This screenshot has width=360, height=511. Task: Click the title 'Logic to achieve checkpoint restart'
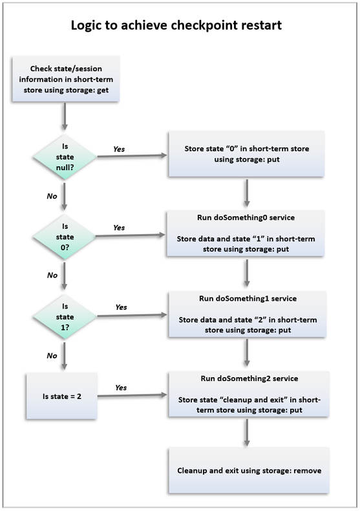click(x=176, y=25)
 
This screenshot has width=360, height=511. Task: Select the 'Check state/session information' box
click(x=66, y=79)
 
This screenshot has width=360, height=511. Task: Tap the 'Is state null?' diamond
click(x=65, y=157)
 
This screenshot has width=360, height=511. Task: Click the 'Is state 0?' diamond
click(x=65, y=237)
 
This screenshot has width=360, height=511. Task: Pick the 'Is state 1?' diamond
click(x=65, y=316)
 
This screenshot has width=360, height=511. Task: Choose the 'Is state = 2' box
click(x=62, y=396)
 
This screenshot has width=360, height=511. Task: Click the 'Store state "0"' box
click(x=246, y=154)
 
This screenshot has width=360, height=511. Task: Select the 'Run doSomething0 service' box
click(x=246, y=234)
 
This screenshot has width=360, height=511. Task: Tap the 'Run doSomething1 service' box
click(x=248, y=314)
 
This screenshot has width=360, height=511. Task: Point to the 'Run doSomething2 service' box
click(x=249, y=394)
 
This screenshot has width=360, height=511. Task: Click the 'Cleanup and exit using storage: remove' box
click(x=249, y=470)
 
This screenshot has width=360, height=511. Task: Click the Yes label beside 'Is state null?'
click(x=119, y=149)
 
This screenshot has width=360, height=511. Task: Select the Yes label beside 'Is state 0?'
click(x=119, y=228)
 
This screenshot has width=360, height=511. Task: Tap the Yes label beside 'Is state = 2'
click(x=121, y=387)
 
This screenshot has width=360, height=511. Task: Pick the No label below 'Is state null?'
click(x=52, y=196)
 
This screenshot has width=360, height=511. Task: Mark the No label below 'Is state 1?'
click(x=52, y=356)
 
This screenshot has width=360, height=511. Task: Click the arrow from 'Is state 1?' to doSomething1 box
click(x=132, y=315)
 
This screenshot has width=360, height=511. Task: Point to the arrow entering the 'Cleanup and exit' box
click(x=247, y=433)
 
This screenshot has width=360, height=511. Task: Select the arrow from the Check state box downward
click(x=65, y=116)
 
